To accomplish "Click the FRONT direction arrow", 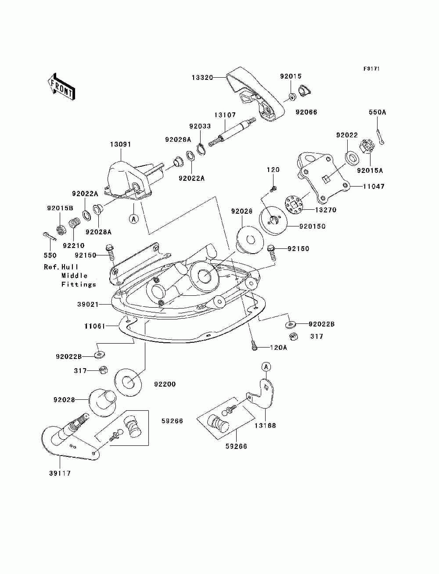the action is pos(62,86).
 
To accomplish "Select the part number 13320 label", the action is pos(202,77).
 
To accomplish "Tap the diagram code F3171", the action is pos(371,69).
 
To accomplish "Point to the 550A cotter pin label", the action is pos(377,112).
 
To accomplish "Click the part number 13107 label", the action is pos(225,115).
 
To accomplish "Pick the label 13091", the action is pos(120,144).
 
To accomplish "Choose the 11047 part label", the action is pos(374,187).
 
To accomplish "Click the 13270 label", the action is pos(326,210).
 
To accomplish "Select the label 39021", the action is pos(88,305).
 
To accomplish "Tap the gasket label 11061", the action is pos(95,326).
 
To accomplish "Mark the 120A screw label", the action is pos(278,348).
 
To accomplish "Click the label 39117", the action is pos(60,474).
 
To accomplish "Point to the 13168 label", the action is pos(265,426).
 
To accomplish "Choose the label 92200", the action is pos(165,384).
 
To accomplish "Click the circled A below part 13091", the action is pos(134,219).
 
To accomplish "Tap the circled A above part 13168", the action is pos(266,367).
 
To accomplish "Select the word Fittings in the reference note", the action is pos(79,284).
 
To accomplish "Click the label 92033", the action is pos(200,126).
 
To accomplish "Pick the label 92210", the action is pos(73,246).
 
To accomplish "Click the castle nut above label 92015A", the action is pos(367,147).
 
